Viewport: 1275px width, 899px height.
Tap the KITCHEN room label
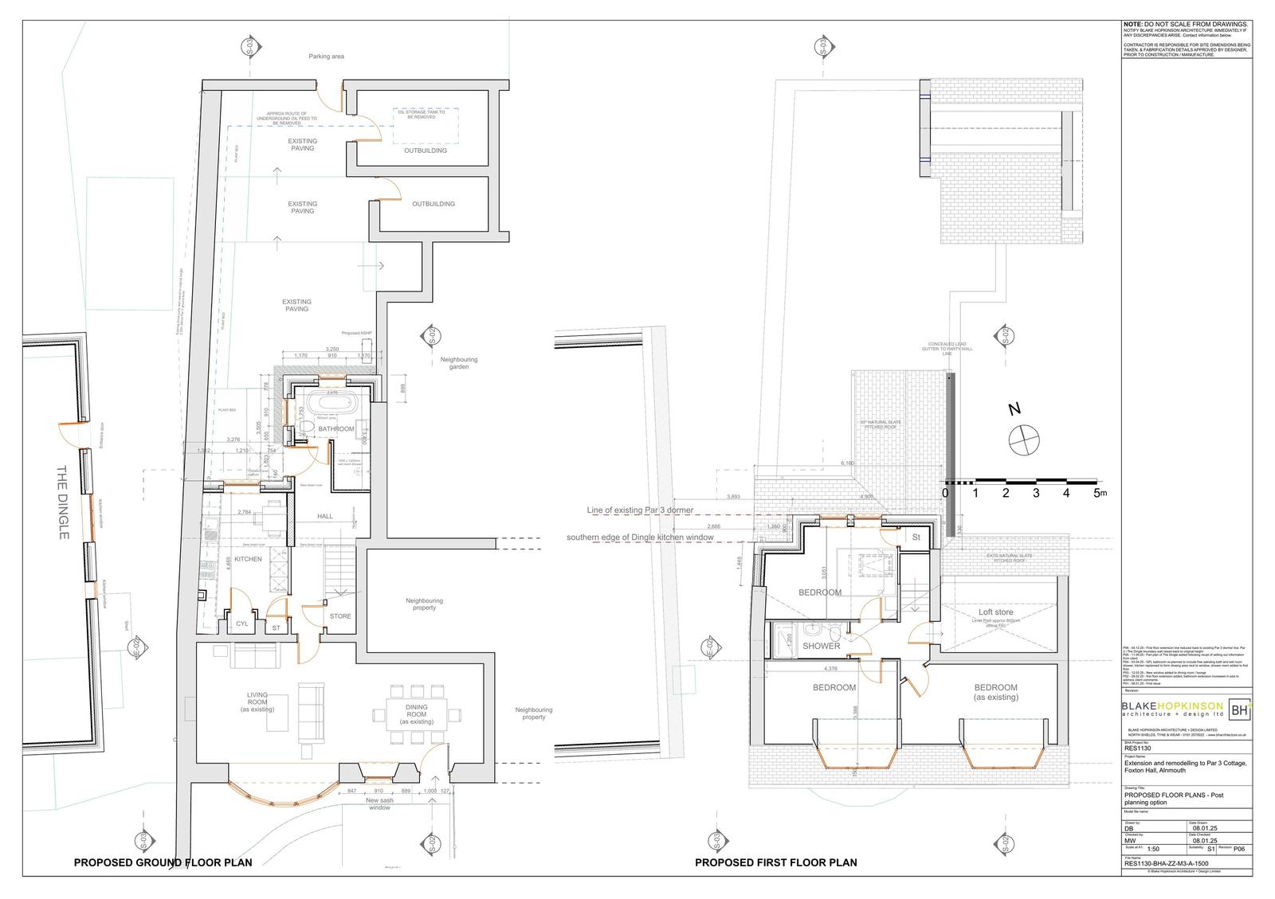coord(248,560)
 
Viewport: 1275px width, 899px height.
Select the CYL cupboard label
coord(242,624)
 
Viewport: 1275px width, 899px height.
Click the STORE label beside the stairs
coord(340,616)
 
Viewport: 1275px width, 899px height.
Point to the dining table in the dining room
coord(416,714)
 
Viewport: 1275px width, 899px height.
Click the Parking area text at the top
coord(327,57)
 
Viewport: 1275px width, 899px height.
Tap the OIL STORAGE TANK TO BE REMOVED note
coord(421,115)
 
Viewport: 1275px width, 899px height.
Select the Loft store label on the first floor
coord(995,613)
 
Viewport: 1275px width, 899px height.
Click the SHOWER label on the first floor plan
coord(821,647)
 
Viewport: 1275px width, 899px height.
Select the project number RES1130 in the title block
coord(1138,749)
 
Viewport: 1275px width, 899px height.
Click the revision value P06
coord(1238,850)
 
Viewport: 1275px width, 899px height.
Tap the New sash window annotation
coord(379,803)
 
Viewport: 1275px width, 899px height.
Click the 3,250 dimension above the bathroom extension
coord(332,350)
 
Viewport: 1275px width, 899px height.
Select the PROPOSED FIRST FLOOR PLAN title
coord(775,862)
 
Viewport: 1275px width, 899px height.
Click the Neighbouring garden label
coord(458,363)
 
